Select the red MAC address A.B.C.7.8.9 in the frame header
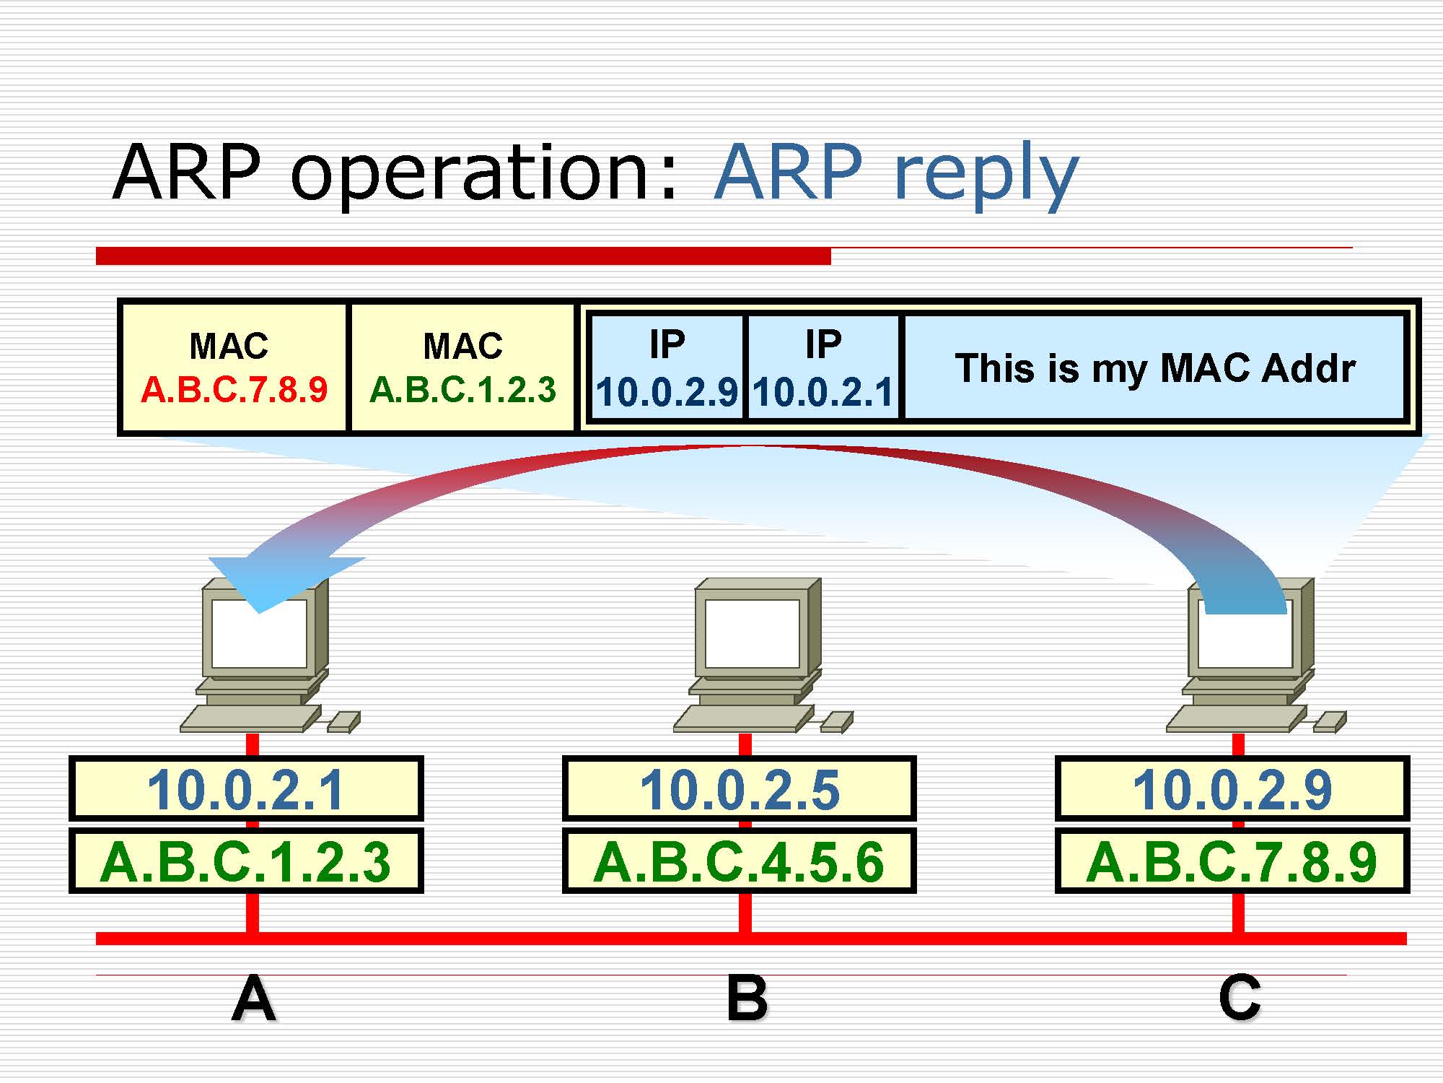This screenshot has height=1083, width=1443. click(234, 390)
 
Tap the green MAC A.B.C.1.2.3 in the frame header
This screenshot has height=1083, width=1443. click(462, 390)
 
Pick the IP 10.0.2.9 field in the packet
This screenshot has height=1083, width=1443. click(667, 392)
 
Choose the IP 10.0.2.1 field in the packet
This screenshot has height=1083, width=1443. click(823, 392)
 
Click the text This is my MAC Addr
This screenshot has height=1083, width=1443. click(1154, 368)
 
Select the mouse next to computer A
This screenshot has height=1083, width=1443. click(344, 721)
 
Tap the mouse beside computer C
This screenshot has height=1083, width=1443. click(1330, 721)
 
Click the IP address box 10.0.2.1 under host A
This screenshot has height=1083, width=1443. click(245, 788)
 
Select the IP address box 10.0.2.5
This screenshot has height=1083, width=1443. click(740, 788)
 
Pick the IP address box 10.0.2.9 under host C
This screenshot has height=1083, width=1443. click(1232, 788)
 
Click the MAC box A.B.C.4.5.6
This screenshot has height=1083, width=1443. click(740, 861)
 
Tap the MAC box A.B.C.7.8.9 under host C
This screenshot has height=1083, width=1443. click(1232, 861)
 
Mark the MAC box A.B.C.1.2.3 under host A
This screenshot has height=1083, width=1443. click(245, 861)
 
